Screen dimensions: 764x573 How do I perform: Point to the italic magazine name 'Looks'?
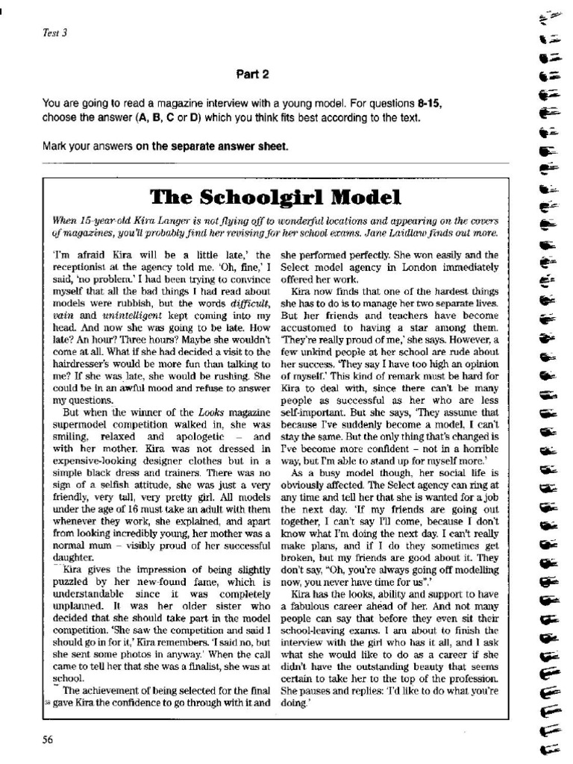point(213,412)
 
